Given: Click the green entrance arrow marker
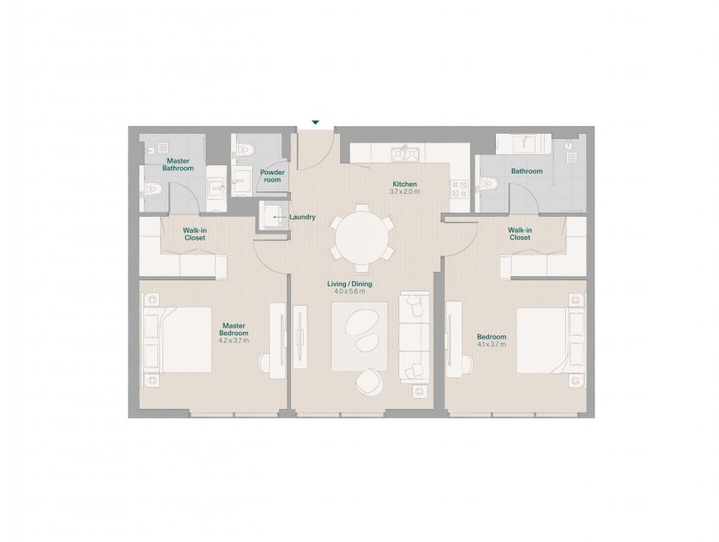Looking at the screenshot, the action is [x=315, y=122].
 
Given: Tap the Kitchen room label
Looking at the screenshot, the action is [x=404, y=184].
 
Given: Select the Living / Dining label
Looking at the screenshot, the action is [x=349, y=284].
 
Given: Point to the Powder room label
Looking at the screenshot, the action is [x=272, y=176].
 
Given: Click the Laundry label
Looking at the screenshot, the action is [x=302, y=217].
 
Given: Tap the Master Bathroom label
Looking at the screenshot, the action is [x=178, y=164].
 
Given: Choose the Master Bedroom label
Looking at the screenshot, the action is [x=233, y=329].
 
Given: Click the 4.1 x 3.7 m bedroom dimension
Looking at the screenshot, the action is [x=491, y=344].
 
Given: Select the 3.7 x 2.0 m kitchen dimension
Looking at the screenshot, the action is [x=404, y=191].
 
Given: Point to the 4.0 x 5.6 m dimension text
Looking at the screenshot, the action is [x=349, y=291].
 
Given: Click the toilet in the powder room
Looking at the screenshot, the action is [x=244, y=150].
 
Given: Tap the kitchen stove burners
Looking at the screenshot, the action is [x=459, y=190].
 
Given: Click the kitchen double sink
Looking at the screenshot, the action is [x=405, y=154].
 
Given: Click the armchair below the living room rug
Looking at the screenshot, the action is [x=369, y=382].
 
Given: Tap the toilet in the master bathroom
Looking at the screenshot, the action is [x=152, y=189].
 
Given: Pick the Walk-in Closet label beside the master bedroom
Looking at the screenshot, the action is [x=195, y=234].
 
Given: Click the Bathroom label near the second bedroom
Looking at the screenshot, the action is [x=527, y=171].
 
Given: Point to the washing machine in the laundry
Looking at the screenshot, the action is [x=274, y=216].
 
